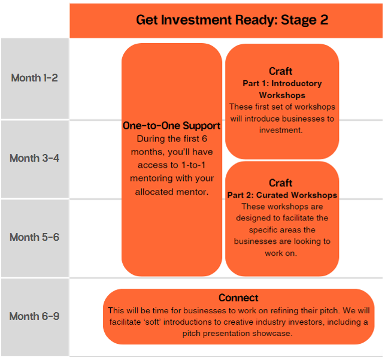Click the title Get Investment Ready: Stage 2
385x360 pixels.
coord(232,20)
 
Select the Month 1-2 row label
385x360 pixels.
coord(34,78)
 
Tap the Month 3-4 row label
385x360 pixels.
coord(34,158)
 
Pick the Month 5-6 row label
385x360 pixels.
coord(34,237)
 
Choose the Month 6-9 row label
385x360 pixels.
coord(34,316)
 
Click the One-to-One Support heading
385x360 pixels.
coord(172,126)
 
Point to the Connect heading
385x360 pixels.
coord(238,298)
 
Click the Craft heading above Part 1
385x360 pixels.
coord(281,71)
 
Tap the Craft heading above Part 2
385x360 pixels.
coord(281,183)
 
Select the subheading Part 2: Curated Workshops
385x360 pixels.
coord(282,195)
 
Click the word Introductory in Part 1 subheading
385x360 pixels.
coord(296,83)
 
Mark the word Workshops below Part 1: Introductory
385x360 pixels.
coord(282,95)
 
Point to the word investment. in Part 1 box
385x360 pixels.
coord(281,130)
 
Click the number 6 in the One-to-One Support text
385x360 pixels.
coord(204,139)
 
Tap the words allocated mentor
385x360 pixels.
coord(172,192)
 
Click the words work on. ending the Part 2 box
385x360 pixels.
coord(281,253)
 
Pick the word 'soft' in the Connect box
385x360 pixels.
coord(152,322)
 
